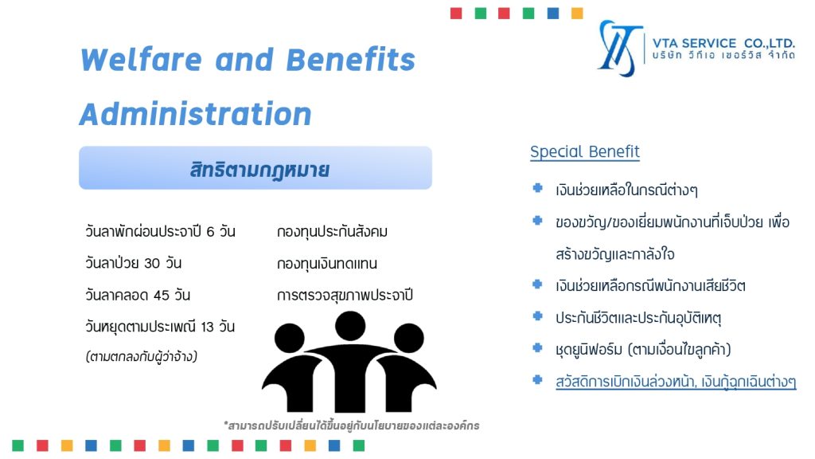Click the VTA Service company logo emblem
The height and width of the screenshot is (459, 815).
[x=618, y=48]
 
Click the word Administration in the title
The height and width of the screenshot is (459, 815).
[x=196, y=114]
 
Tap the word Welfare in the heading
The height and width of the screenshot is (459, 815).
[x=142, y=59]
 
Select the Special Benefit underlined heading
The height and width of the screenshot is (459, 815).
[x=585, y=151]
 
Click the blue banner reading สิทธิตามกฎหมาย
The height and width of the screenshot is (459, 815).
[x=255, y=167]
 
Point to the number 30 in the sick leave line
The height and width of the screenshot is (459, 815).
[x=152, y=263]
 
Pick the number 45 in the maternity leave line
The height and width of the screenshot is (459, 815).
[x=161, y=295]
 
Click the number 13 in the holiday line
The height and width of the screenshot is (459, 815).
[x=208, y=327]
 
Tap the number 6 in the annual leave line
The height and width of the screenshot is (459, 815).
[x=210, y=232]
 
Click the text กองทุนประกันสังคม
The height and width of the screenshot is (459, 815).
[x=332, y=232]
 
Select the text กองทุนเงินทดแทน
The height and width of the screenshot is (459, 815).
[x=327, y=263]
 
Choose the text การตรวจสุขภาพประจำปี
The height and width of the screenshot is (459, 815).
[x=345, y=295]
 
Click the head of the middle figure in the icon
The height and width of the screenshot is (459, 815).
[x=350, y=326]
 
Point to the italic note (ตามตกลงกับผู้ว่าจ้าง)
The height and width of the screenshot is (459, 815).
[x=142, y=356]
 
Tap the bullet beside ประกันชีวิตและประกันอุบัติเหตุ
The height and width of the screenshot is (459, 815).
[x=537, y=316]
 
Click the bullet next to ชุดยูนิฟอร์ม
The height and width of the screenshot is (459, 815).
[x=537, y=347]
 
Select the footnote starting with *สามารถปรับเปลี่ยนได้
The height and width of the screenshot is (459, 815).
[x=351, y=426]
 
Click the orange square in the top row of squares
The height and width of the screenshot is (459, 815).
[x=577, y=13]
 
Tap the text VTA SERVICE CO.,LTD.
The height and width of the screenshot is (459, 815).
[x=723, y=43]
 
